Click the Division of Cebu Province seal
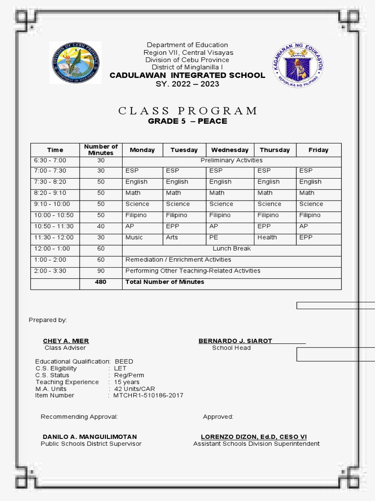pyautogui.click(x=76, y=63)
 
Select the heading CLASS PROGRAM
pyautogui.click(x=188, y=111)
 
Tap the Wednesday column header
pyautogui.click(x=229, y=150)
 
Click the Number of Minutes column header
pyautogui.click(x=101, y=150)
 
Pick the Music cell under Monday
pyautogui.click(x=134, y=237)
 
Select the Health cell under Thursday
pyautogui.click(x=267, y=237)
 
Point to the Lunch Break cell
pyautogui.click(x=231, y=249)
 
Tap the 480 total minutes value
pyautogui.click(x=101, y=282)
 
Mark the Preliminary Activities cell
pyautogui.click(x=231, y=160)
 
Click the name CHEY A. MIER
pyautogui.click(x=66, y=341)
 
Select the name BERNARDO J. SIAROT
pyautogui.click(x=235, y=341)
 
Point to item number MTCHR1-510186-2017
pyautogui.click(x=148, y=395)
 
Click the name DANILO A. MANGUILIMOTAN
pyautogui.click(x=90, y=437)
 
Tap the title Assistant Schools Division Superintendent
pyautogui.click(x=256, y=444)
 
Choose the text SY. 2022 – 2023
pyautogui.click(x=187, y=84)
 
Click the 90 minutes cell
pyautogui.click(x=101, y=271)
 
